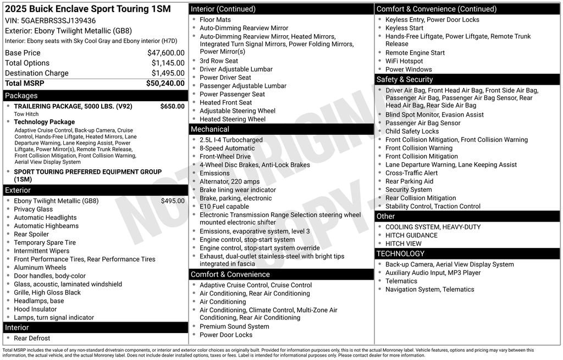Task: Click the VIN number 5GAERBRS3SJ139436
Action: pos(58,20)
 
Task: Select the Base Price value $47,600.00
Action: pos(165,53)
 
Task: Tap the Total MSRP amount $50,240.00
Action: pos(165,84)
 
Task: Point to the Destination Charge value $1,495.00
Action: pos(168,73)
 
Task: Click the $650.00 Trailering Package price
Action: pos(172,106)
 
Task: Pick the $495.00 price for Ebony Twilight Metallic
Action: pos(173,201)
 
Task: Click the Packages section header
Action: pos(21,96)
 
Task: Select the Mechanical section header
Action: pos(209,129)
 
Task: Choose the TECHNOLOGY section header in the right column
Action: pos(400,253)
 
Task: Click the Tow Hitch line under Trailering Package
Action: pos(26,114)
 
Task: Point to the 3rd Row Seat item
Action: pos(219,61)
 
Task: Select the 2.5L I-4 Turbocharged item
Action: pos(231,140)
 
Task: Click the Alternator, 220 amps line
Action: pos(229,181)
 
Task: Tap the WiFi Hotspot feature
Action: pos(404,61)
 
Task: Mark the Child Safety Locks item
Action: pos(412,131)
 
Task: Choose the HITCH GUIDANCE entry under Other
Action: pos(411,235)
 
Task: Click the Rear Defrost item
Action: pos(32,338)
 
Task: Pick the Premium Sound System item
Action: pos(234,326)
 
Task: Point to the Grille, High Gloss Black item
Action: pos(47,292)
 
